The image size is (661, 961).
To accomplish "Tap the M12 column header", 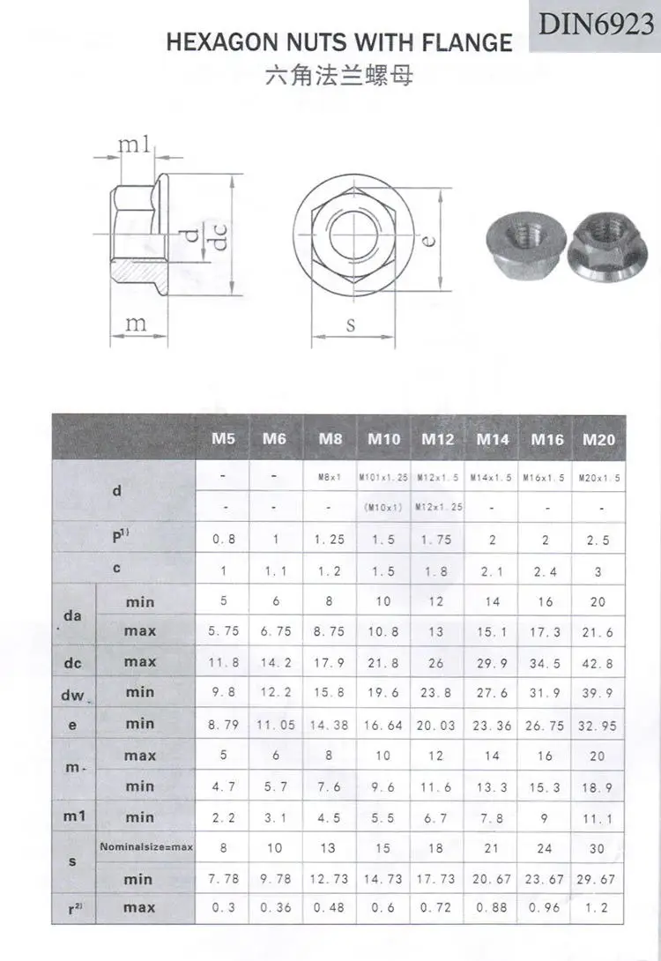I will pyautogui.click(x=437, y=438).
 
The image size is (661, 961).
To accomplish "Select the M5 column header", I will pyautogui.click(x=223, y=438).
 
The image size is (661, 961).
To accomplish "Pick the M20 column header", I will pyautogui.click(x=599, y=438).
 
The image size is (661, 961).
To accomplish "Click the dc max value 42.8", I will pyautogui.click(x=599, y=663).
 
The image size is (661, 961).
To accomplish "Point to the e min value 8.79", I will pyautogui.click(x=223, y=726).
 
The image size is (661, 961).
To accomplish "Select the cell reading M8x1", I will pyautogui.click(x=329, y=477).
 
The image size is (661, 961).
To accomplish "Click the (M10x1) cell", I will pyautogui.click(x=383, y=508).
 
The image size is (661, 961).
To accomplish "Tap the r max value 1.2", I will pyautogui.click(x=599, y=908).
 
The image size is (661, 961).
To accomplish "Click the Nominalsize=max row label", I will pyautogui.click(x=145, y=847).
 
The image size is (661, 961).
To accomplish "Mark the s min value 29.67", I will pyautogui.click(x=599, y=880).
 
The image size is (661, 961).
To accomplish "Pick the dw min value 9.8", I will pyautogui.click(x=223, y=693).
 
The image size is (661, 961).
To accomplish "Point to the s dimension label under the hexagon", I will pyautogui.click(x=350, y=324).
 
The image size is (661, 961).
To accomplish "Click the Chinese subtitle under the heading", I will pyautogui.click(x=338, y=77).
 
